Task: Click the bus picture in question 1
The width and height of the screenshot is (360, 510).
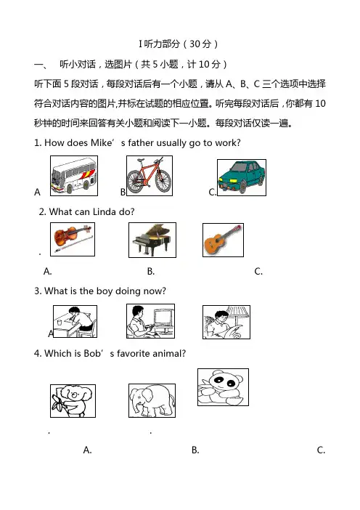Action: pyautogui.click(x=74, y=176)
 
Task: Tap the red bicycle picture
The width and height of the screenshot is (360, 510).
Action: pyautogui.click(x=150, y=176)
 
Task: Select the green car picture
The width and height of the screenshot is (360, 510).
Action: pyautogui.click(x=242, y=177)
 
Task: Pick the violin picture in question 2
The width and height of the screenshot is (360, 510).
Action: pyautogui.click(x=73, y=240)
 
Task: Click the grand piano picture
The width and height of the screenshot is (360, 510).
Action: pyautogui.click(x=152, y=240)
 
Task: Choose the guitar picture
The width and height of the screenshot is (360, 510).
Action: pyautogui.click(x=223, y=240)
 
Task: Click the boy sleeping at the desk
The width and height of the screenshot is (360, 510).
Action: pyautogui.click(x=75, y=321)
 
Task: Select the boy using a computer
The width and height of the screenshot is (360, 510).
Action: pyautogui.click(x=150, y=321)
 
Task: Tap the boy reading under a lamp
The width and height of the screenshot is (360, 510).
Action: pyautogui.click(x=226, y=322)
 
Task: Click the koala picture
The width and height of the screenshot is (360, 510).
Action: pyautogui.click(x=73, y=401)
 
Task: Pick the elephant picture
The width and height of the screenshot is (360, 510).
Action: pyautogui.click(x=152, y=400)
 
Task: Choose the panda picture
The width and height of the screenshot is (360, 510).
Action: pyautogui.click(x=224, y=387)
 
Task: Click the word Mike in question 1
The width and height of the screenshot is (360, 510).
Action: pyautogui.click(x=101, y=143)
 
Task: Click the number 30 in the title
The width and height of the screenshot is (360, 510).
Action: pyautogui.click(x=195, y=44)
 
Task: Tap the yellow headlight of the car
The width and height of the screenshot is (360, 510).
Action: pyautogui.click(x=233, y=180)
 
